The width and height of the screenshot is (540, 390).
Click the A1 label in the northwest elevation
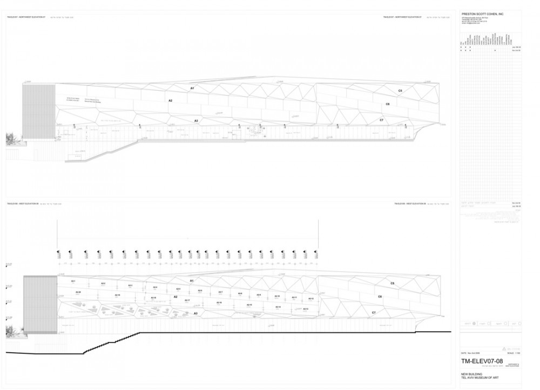point(192,88)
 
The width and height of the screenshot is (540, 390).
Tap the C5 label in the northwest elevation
point(400,91)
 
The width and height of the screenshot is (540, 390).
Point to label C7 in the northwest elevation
point(381,120)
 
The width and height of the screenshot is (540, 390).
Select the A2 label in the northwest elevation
point(170,101)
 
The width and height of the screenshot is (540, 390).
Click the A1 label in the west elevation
point(191,281)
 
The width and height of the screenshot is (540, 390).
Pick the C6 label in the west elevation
point(380,297)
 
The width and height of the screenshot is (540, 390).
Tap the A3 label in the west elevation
point(195,313)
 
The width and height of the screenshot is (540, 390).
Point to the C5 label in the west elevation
point(393,283)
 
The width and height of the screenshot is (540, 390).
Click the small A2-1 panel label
point(73,281)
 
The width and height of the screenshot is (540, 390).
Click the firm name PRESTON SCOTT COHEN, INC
point(482,14)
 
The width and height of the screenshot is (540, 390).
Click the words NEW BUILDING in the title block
point(471,374)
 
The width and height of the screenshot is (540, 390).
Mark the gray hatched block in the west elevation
point(40,305)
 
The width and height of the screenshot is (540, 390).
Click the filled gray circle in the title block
point(474,324)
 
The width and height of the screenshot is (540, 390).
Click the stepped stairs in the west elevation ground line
point(103,346)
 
